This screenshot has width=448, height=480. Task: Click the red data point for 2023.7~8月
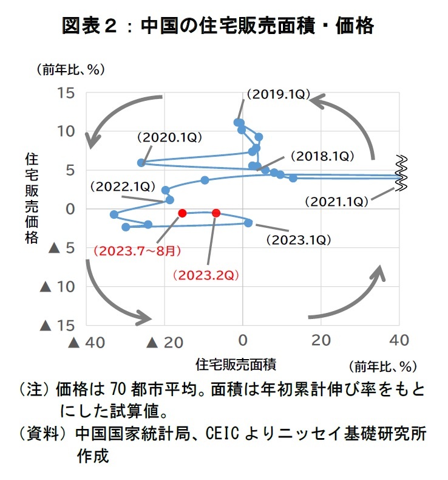[182, 213]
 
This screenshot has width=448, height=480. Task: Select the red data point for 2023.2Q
[216, 213]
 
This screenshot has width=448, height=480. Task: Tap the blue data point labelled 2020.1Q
[141, 163]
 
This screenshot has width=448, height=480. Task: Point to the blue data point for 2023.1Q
[248, 223]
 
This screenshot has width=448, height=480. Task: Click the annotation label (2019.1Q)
[278, 94]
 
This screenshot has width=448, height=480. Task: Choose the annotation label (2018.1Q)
[322, 156]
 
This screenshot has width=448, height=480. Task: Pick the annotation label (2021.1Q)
[337, 202]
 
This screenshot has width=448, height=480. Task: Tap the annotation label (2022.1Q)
[123, 187]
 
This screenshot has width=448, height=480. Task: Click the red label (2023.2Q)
[206, 275]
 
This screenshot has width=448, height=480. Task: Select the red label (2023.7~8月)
[137, 251]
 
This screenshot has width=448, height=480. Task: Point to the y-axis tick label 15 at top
[66, 93]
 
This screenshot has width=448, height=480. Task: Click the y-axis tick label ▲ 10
[58, 287]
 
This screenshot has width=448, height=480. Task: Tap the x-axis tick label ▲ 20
[165, 343]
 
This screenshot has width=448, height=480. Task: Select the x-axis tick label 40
[399, 340]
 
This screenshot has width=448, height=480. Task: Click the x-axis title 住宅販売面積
[236, 365]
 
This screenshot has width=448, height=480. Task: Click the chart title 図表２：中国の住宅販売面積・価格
[218, 26]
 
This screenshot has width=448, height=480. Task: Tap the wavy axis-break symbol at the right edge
[401, 173]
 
